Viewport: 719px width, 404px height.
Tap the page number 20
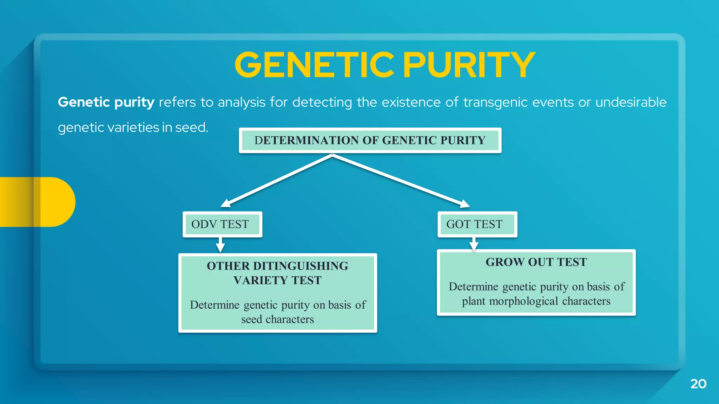[698, 384]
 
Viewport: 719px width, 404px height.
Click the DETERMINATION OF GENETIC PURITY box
[370, 140]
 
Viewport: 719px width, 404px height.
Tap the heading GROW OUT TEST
[536, 262]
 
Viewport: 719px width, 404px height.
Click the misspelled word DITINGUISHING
[301, 266]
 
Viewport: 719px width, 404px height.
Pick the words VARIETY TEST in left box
[277, 281]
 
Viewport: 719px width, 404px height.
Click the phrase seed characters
[277, 319]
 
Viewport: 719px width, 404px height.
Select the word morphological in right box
[523, 301]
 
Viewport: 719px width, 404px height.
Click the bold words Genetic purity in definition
[106, 102]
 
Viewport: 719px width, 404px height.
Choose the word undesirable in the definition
[631, 102]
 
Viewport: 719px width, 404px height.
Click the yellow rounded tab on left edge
[39, 202]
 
